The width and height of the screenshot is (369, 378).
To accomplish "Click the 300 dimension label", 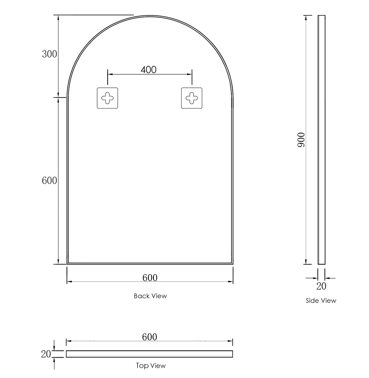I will (x=49, y=54).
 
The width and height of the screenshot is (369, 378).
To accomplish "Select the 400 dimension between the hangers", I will (x=148, y=70).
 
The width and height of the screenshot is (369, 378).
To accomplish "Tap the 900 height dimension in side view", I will (x=301, y=140).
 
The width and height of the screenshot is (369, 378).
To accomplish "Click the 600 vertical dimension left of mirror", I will (x=49, y=181).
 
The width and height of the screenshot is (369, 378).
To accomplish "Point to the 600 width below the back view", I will (x=150, y=278).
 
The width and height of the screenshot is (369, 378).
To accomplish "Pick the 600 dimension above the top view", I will (x=149, y=337).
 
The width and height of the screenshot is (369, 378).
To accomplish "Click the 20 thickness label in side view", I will (x=321, y=286).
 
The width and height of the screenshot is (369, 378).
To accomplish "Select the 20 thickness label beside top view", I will (x=46, y=354).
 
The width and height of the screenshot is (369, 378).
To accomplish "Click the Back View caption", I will (x=150, y=296).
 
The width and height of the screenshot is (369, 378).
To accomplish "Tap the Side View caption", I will (x=321, y=301).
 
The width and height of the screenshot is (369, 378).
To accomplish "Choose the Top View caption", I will (x=151, y=366).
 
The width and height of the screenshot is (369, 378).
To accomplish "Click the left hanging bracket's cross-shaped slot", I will (x=107, y=98).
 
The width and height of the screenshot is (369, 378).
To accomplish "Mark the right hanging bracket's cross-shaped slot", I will (x=192, y=98).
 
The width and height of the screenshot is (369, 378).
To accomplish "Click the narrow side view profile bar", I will (x=321, y=140).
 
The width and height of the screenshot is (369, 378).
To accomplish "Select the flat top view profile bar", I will (x=149, y=354).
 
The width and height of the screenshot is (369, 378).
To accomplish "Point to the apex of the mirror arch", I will (x=150, y=16).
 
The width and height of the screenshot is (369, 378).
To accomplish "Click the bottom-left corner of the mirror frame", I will (x=67, y=264).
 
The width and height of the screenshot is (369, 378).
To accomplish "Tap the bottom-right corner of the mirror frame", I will (x=232, y=264).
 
